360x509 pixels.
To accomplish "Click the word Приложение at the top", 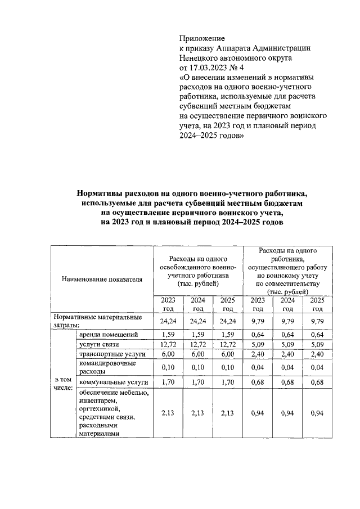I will tap(201, 39).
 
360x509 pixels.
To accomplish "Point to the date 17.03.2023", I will tap(210, 66).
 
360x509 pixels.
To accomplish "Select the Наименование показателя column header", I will tap(102, 278).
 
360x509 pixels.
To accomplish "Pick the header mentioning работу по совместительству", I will tap(287, 271).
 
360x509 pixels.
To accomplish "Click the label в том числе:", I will tap(63, 384).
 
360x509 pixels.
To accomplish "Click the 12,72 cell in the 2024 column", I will tap(197, 345).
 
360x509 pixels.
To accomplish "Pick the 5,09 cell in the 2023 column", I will tap(258, 345).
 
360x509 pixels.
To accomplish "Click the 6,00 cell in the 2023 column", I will tap(168, 354).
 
